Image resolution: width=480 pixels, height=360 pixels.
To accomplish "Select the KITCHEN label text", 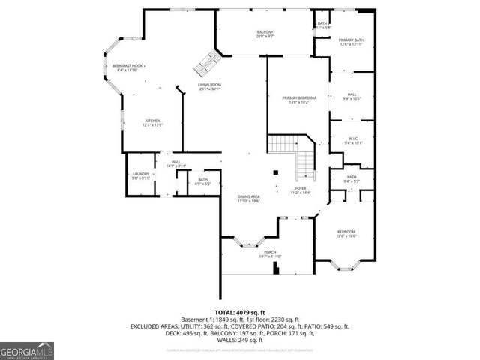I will click(153, 123).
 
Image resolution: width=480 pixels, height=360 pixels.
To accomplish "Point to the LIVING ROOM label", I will click(209, 88).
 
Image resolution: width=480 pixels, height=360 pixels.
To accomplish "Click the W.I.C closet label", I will click(352, 140).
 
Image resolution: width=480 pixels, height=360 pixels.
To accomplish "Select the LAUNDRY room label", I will click(141, 176).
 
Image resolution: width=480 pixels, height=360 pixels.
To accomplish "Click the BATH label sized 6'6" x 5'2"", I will click(202, 181).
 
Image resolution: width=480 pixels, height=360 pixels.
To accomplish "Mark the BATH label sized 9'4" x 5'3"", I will click(352, 178).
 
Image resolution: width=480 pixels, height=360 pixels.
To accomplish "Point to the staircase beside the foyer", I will click(297, 154).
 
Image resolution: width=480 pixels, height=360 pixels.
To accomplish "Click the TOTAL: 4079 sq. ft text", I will click(240, 311).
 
